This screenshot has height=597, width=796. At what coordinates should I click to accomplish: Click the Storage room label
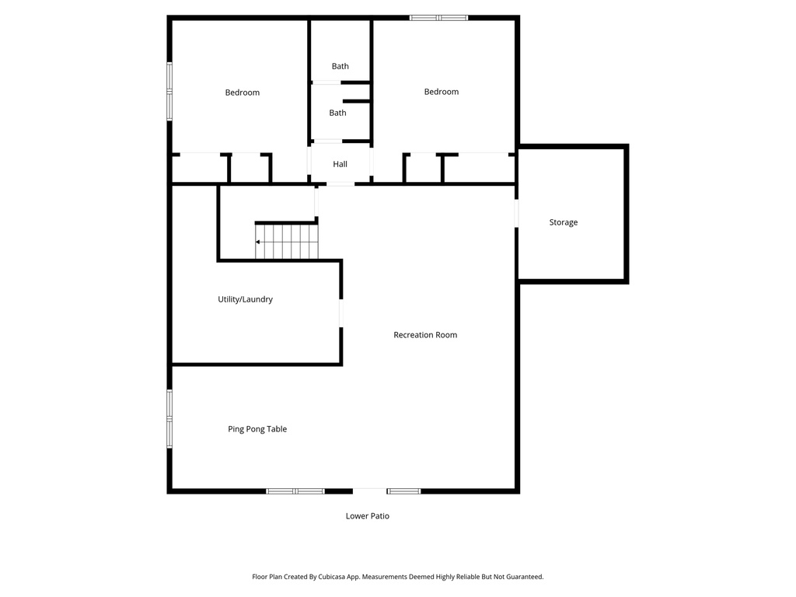564,222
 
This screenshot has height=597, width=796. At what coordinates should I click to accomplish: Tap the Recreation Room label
425,335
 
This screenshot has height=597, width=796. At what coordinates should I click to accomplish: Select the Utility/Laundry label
245,299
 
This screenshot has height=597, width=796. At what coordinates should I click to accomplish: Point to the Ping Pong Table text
257,429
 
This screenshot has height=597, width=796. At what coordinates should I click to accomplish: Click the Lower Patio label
368,516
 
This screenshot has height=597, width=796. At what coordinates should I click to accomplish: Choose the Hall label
340,165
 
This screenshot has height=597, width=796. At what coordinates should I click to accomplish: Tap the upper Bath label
340,66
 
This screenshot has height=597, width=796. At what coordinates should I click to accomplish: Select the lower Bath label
337,113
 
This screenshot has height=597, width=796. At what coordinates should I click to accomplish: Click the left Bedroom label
243,93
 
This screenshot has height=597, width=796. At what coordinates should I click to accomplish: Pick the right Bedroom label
442,92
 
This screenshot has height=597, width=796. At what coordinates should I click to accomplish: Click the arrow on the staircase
258,243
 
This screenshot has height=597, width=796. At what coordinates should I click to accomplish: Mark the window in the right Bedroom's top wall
439,17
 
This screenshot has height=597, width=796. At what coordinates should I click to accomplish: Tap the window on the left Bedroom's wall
169,91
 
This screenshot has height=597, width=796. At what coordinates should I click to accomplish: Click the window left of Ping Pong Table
169,418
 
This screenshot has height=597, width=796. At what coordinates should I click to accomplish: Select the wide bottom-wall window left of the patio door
295,491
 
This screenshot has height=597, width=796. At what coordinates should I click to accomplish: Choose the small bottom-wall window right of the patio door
403,491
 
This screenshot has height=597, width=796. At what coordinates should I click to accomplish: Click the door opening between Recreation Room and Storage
516,214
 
